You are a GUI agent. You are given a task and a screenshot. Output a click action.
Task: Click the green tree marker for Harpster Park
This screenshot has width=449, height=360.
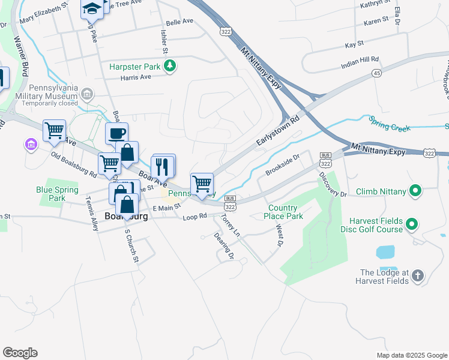pos(170,66)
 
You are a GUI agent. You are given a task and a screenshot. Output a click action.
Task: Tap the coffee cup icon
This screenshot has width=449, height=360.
pos(116,133)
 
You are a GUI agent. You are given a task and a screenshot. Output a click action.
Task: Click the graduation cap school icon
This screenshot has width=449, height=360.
pos(92,8)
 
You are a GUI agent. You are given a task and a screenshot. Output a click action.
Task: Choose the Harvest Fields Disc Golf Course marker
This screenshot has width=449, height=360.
pos(411,225)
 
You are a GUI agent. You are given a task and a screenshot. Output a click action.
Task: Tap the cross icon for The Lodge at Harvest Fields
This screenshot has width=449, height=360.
pos(418,277)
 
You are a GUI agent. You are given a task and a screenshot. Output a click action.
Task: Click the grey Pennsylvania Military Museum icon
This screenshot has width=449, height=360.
pos(88,94)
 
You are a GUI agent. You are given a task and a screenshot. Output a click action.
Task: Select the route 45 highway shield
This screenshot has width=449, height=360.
pos(376,73)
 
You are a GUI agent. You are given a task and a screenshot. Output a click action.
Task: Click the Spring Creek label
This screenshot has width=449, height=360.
pos(390,128)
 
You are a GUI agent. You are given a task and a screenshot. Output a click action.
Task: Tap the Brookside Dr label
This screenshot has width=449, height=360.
pos(282,164)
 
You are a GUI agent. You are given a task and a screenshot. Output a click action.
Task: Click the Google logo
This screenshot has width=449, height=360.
pos(20,353)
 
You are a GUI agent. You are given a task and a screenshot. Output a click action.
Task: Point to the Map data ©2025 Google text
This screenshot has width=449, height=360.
pos(411,355)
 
